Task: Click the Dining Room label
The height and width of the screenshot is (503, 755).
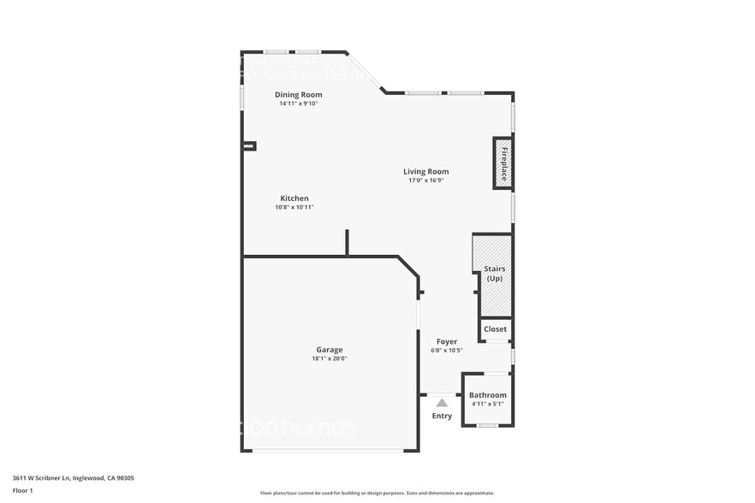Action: [298, 94]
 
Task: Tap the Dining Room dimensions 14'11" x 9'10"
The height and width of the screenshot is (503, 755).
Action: [298, 104]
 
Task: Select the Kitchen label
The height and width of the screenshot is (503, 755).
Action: [294, 198]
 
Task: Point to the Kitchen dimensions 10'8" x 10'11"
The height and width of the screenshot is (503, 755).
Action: [294, 207]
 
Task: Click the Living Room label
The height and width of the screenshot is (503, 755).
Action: [426, 171]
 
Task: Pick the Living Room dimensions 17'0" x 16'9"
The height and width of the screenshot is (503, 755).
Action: [426, 180]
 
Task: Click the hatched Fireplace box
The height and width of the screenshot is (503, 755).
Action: [502, 163]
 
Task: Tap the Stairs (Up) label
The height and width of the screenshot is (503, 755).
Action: [495, 274]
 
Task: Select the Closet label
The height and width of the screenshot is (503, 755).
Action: [495, 328]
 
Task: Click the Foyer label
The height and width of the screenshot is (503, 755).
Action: [446, 341]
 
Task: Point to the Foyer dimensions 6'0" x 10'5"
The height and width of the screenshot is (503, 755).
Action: [446, 350]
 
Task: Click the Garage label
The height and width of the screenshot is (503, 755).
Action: [330, 349]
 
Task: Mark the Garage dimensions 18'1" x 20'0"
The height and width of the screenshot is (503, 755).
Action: [330, 358]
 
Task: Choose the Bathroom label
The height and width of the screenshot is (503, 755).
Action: [487, 395]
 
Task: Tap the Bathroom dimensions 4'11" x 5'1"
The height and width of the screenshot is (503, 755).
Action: [487, 404]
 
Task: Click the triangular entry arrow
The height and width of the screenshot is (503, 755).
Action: [442, 400]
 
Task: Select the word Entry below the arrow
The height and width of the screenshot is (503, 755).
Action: [442, 416]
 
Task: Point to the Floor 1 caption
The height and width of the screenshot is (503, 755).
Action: [22, 491]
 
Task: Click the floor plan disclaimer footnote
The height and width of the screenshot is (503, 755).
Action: [377, 493]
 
